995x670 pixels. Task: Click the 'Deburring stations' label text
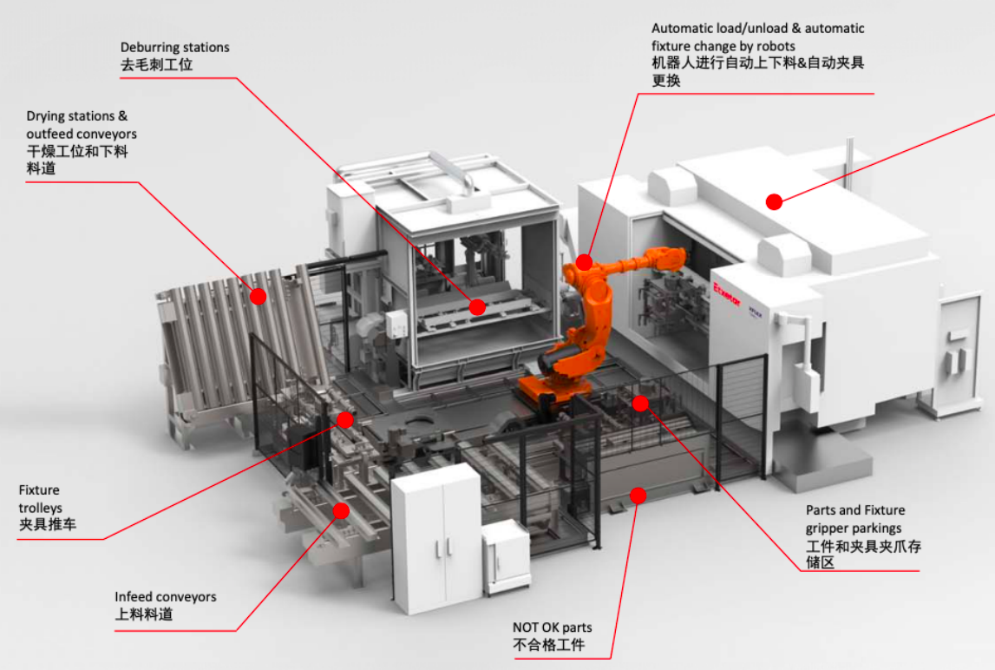174,47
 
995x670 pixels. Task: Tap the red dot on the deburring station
477,305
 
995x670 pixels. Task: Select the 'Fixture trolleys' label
40,499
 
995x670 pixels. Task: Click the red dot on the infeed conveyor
341,510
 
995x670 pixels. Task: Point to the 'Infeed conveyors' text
165,597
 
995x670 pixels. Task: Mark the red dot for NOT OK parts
638,496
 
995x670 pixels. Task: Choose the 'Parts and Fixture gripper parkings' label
854,519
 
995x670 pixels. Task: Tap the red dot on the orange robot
584,261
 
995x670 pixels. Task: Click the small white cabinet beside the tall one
505,555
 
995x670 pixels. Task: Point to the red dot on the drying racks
258,296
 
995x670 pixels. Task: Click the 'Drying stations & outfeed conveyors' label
81,125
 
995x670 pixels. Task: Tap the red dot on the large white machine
774,202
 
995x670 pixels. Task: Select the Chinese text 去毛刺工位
156,65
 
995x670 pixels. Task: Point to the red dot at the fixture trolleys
345,420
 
